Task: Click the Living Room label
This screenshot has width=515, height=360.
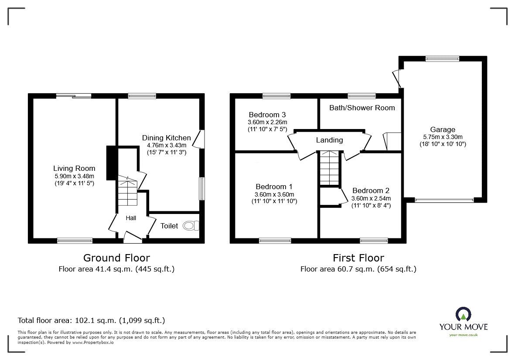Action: (x=74, y=169)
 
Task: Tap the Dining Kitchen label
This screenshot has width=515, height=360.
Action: (x=166, y=138)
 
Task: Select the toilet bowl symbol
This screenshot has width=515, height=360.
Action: (x=191, y=226)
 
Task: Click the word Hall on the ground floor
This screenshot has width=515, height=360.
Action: (x=131, y=218)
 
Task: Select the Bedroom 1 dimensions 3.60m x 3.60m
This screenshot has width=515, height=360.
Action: (x=274, y=194)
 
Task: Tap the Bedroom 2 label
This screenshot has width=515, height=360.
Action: (x=371, y=190)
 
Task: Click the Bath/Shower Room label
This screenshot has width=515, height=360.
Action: (x=362, y=108)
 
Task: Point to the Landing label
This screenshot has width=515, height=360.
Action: (x=329, y=140)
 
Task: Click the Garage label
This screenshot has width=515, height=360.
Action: (x=443, y=129)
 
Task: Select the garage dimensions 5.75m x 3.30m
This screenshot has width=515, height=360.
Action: (x=443, y=137)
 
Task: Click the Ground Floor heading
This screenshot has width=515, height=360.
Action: (x=116, y=258)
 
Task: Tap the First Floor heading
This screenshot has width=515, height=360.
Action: (x=358, y=258)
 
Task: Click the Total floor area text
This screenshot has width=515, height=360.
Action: (x=91, y=320)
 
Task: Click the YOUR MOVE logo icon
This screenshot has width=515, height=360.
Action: (x=463, y=314)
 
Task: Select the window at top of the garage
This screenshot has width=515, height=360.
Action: (x=442, y=59)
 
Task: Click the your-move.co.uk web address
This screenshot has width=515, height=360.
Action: (x=463, y=335)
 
